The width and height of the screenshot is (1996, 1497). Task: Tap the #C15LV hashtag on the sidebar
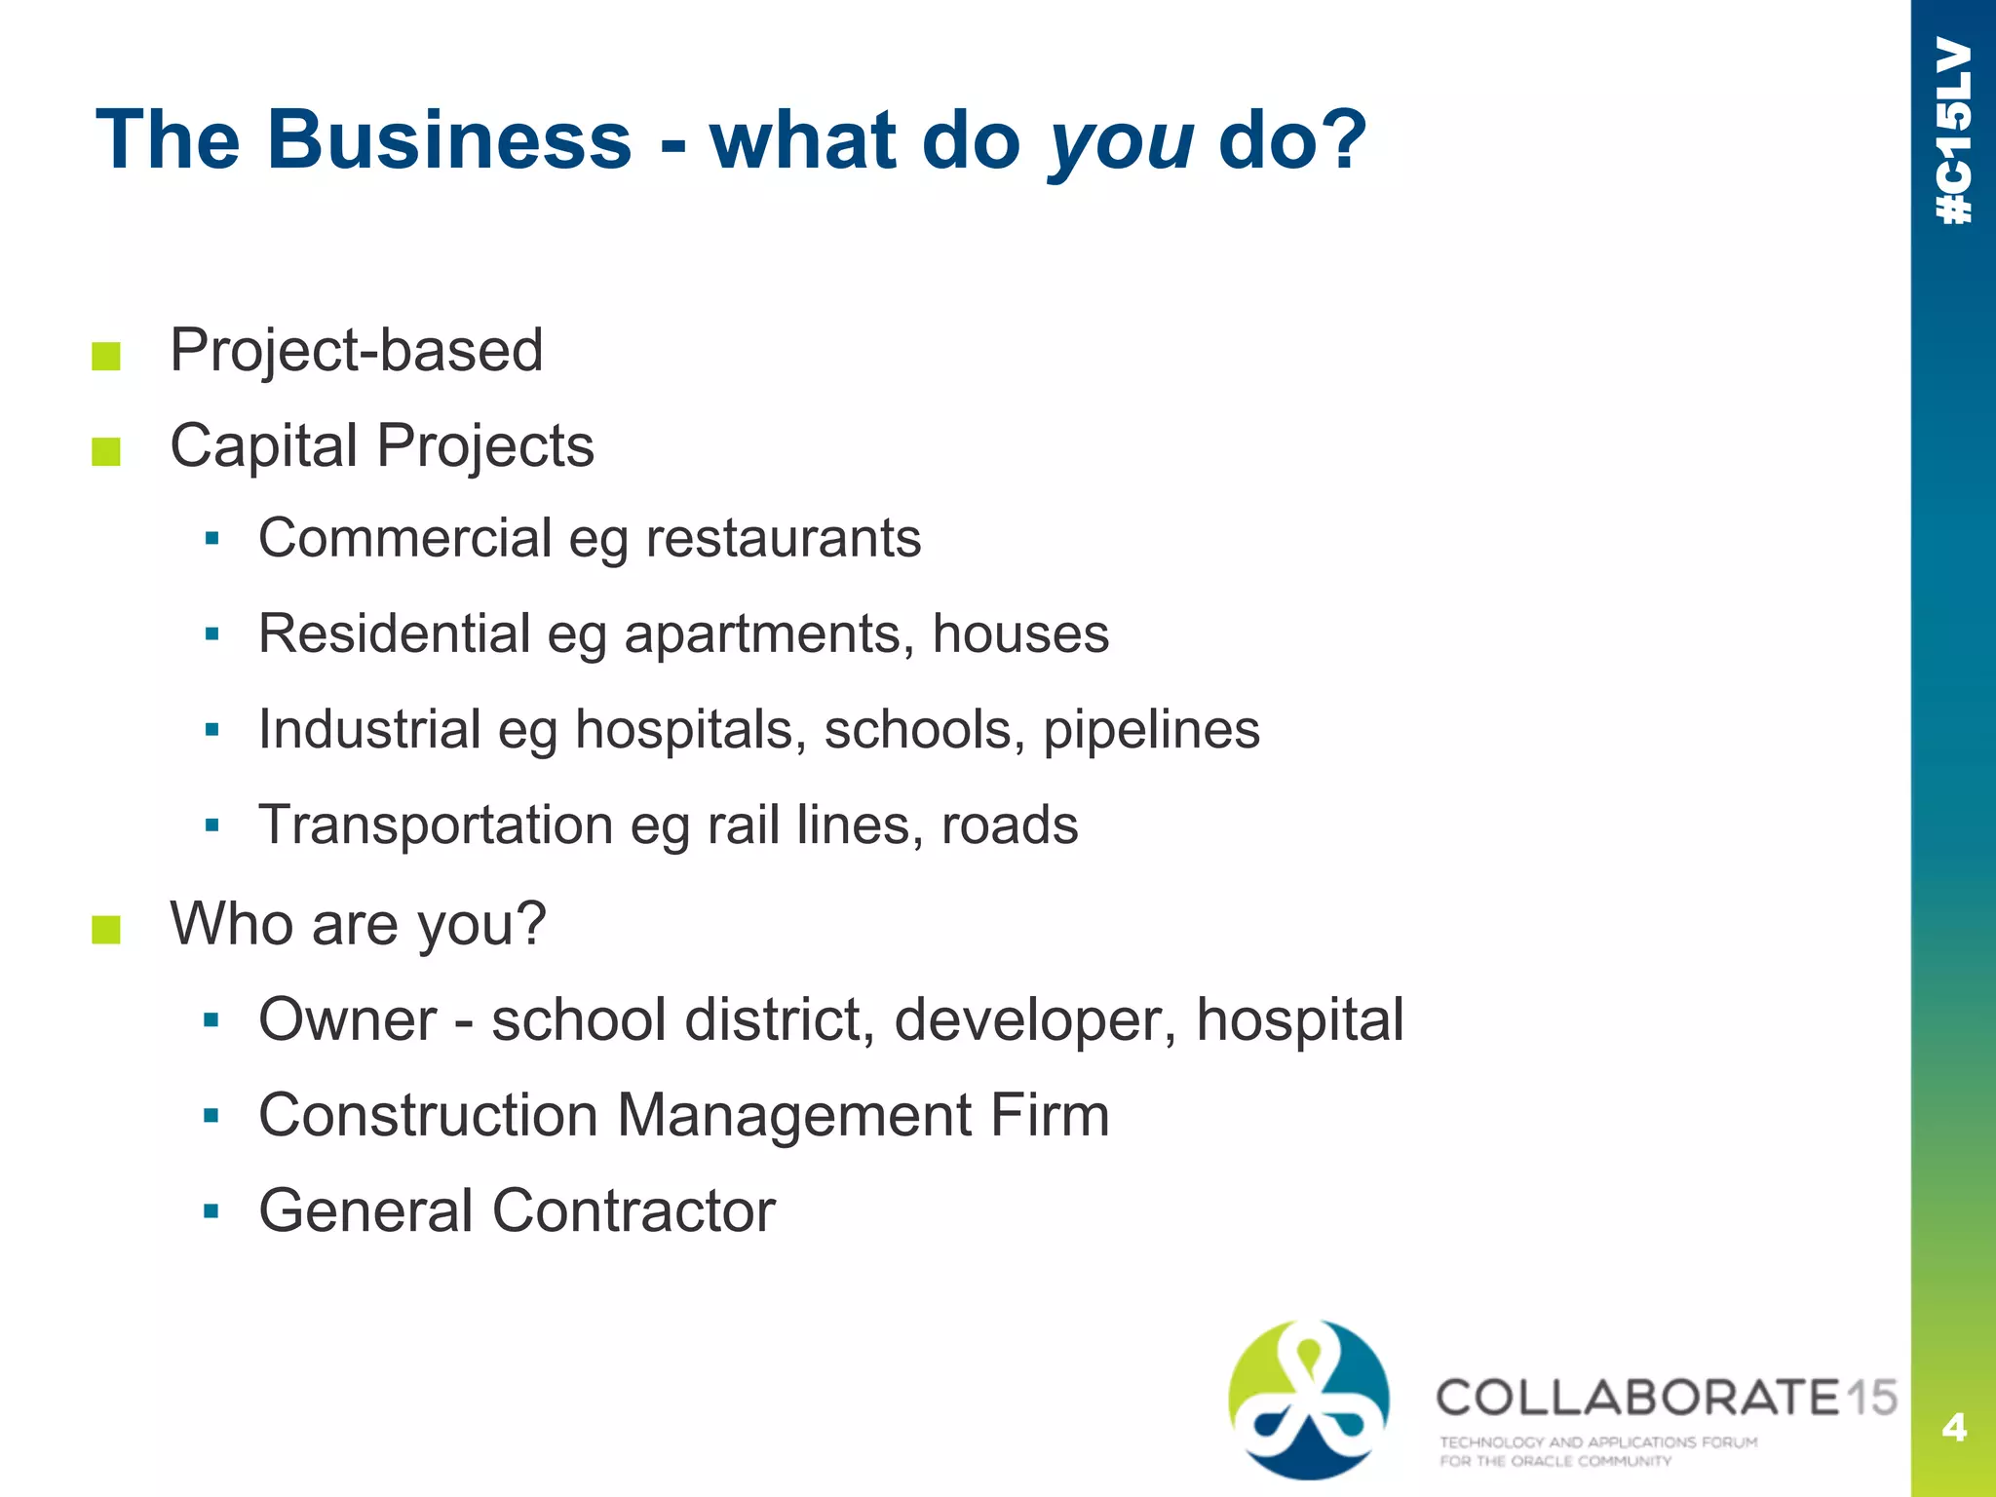[1954, 132]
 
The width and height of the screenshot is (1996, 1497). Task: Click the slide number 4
[1953, 1428]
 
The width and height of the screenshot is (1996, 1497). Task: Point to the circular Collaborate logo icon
[1309, 1399]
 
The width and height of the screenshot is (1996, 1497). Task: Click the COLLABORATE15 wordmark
[1666, 1398]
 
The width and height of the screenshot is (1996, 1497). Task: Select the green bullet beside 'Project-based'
[106, 357]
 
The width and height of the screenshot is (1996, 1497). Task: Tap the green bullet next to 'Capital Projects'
[106, 452]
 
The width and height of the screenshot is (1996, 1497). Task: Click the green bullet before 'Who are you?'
[106, 930]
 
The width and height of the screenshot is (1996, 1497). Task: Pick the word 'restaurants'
[783, 538]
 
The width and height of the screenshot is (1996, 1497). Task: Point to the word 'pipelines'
[1151, 730]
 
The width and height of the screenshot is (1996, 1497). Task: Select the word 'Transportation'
[436, 825]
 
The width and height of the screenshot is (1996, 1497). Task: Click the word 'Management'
[793, 1115]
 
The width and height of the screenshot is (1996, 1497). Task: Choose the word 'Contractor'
[633, 1210]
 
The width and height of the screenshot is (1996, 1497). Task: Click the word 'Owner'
[347, 1019]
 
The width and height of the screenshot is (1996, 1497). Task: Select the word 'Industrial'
[369, 729]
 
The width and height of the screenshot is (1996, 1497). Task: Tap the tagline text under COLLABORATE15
[1598, 1451]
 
